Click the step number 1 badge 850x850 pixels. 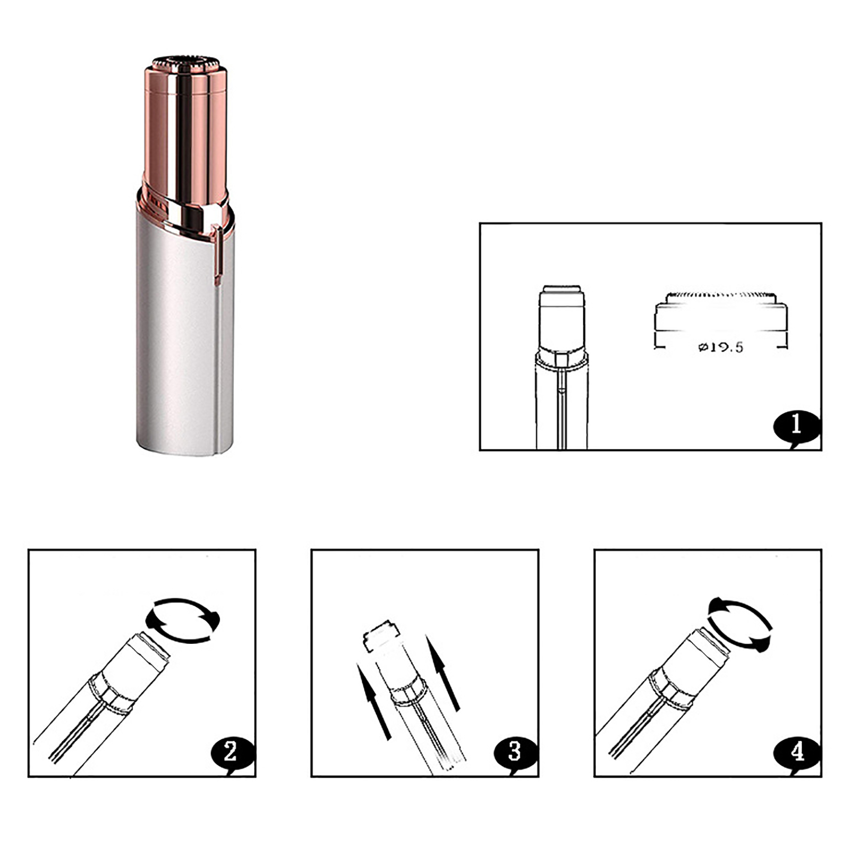[x=796, y=426]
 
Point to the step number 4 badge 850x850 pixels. [x=797, y=752]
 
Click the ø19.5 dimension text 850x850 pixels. [x=720, y=347]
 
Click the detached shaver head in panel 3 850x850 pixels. [x=381, y=636]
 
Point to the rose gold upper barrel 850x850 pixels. [x=186, y=127]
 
